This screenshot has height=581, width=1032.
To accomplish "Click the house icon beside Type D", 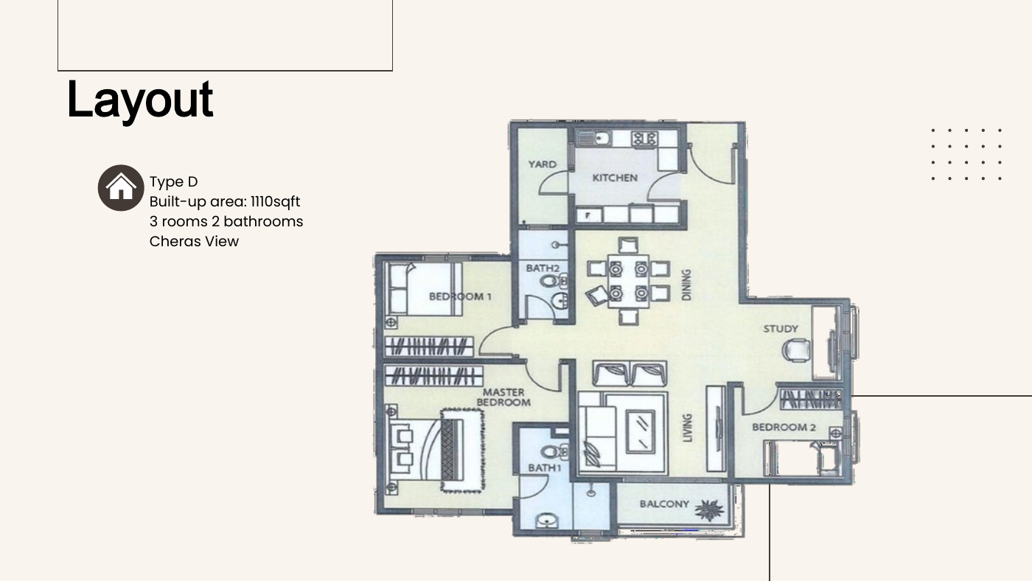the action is (x=121, y=188).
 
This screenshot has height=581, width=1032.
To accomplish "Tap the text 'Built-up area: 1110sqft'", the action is (x=224, y=201).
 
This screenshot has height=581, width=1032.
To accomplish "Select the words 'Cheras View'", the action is (x=194, y=241).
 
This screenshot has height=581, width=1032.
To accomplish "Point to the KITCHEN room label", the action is (x=615, y=178).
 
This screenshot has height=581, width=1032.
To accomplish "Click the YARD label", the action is (x=543, y=164).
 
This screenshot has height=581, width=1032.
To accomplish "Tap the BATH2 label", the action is (x=543, y=268).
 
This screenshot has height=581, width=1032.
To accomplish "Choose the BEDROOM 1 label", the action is (x=460, y=296).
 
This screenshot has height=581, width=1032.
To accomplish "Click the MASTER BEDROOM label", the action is (x=503, y=397).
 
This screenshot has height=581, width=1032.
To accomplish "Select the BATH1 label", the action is (x=544, y=468).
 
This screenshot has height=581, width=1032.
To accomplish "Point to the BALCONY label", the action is (x=664, y=504).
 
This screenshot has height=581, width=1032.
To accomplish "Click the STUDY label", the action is (x=781, y=329).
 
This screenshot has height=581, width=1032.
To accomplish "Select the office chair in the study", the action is (x=797, y=349).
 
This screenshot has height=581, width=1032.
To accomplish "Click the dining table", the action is (x=628, y=281).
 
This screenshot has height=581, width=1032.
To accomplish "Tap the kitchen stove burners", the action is (x=644, y=139).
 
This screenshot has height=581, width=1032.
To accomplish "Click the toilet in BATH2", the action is (x=552, y=280).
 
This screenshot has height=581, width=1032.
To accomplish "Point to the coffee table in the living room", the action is (x=640, y=432).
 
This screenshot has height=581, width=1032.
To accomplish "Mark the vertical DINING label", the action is (x=686, y=285).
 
